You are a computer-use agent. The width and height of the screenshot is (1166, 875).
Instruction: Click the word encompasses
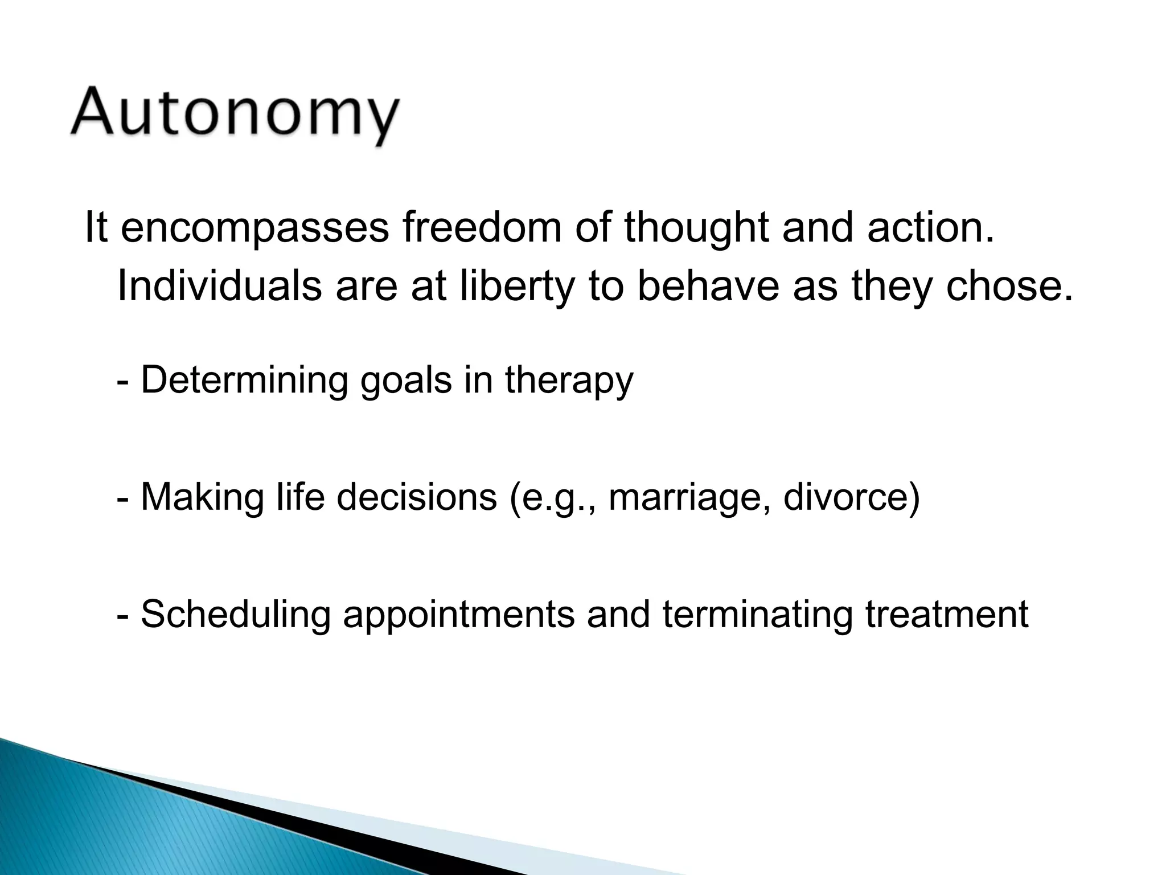(254, 227)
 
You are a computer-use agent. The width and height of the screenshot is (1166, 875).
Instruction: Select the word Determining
(244, 380)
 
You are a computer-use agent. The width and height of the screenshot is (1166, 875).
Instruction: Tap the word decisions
(416, 497)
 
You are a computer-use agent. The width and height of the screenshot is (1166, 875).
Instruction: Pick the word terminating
(757, 614)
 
